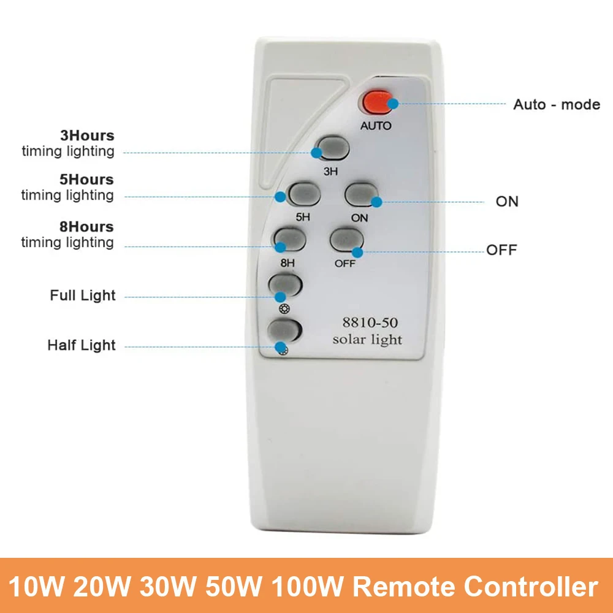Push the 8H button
[290, 240]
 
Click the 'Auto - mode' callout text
[557, 104]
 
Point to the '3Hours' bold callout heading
[86, 136]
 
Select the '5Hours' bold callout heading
[86, 180]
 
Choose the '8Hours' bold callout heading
[86, 227]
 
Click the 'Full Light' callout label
[83, 295]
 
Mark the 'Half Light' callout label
[82, 345]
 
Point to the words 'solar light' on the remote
[367, 339]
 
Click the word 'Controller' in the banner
[531, 587]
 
